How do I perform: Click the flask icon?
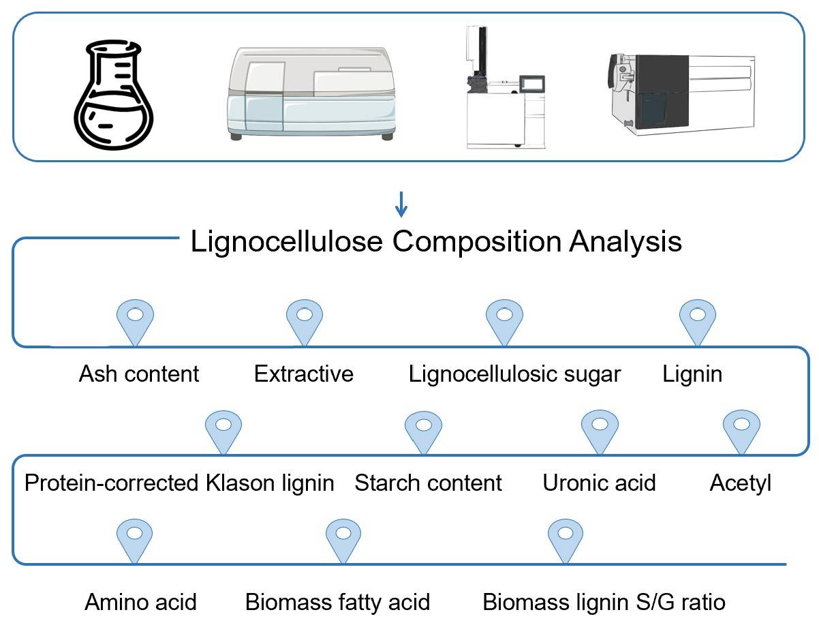point(113,95)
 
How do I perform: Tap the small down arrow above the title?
point(401,203)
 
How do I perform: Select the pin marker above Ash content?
point(136,321)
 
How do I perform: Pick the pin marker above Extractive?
point(304,321)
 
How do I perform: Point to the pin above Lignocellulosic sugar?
point(504,321)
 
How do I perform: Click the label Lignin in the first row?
point(692,374)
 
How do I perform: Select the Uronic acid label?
point(599,483)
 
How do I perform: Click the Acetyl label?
point(741,483)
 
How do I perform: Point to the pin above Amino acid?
point(135,538)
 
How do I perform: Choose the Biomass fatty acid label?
point(337,603)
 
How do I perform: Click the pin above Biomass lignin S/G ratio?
point(566,538)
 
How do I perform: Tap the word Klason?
point(239,483)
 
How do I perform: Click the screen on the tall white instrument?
point(532,84)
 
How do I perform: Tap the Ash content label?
point(139,374)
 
